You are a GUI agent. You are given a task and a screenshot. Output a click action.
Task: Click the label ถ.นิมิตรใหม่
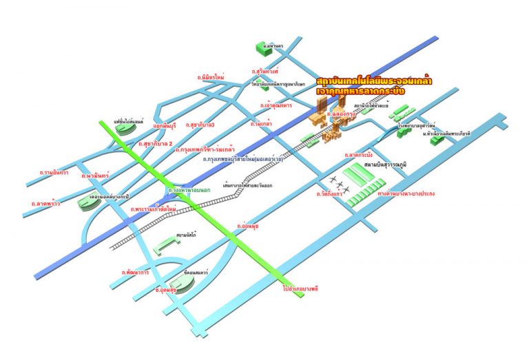tap(211, 78)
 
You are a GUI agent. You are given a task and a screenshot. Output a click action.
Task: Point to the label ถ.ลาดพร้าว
tap(47, 203)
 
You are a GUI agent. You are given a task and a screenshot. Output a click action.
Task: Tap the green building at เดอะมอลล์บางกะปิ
tap(90, 202)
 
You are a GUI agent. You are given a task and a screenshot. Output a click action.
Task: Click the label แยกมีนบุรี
tap(161, 127)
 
